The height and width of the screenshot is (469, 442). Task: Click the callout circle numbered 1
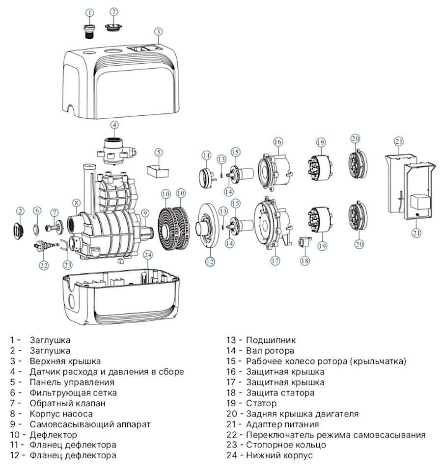tap(89, 11)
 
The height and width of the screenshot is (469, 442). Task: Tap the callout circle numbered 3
tap(158, 31)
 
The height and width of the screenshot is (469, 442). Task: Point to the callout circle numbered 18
tap(305, 261)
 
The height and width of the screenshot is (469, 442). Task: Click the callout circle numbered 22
tap(44, 265)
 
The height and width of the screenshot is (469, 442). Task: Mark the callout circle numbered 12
tap(210, 261)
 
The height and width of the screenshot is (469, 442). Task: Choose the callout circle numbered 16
tap(278, 142)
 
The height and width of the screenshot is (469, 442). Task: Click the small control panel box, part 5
tap(158, 169)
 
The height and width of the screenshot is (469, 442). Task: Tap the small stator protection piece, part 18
tap(304, 242)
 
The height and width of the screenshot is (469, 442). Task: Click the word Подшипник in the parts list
tap(271, 339)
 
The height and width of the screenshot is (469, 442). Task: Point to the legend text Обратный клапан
tap(67, 403)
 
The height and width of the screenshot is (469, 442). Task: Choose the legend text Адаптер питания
tap(282, 424)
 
